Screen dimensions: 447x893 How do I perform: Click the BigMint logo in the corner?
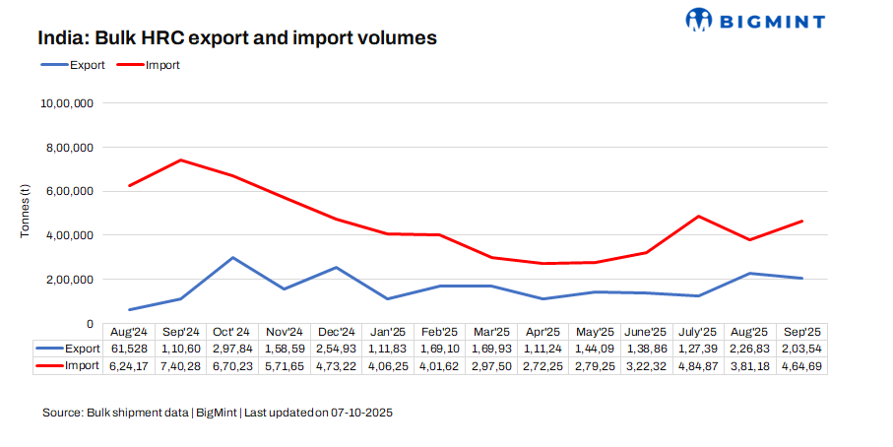pos(754,19)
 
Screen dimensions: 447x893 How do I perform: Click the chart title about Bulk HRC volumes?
pos(237,38)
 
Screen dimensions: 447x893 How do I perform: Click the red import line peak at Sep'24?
pos(181,160)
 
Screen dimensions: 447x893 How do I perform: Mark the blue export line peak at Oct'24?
pos(232,258)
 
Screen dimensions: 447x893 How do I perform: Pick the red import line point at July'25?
pos(698,217)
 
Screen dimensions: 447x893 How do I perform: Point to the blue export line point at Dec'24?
pos(336,267)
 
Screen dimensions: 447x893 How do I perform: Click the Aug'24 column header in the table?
pos(129,332)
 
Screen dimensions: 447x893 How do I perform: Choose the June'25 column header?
pos(647,332)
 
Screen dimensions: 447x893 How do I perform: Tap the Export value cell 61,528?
pos(129,349)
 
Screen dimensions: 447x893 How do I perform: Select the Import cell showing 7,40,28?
pos(181,365)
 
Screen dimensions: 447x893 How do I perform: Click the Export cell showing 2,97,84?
pos(232,349)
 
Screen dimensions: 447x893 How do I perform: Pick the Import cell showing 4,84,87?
pos(698,365)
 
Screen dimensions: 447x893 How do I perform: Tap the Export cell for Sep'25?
pos(801,349)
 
